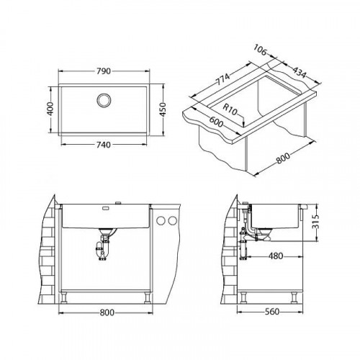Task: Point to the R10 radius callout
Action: point(232,110)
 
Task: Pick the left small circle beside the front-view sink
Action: point(162,220)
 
